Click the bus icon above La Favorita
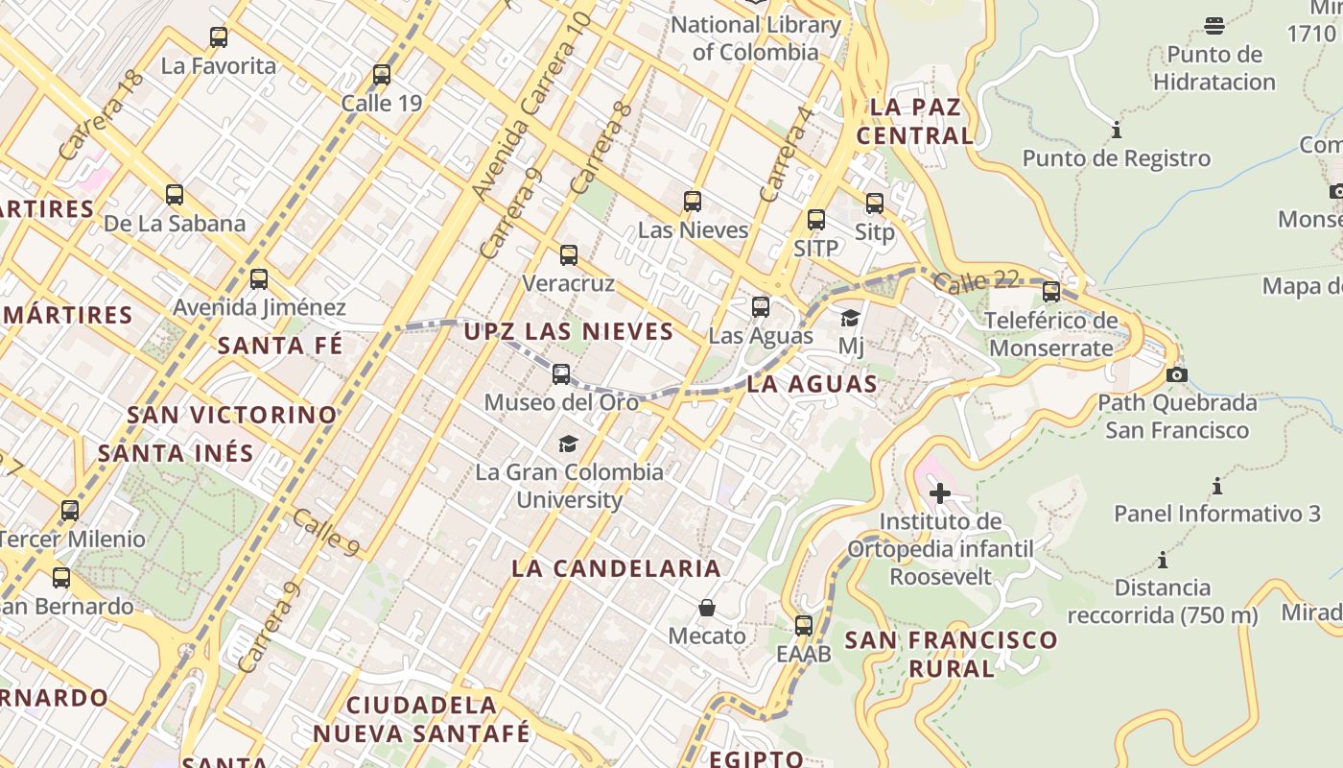[219, 37]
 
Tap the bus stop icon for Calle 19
[382, 74]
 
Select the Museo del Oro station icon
[561, 373]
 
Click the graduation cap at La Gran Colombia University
[569, 444]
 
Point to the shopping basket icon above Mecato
[707, 608]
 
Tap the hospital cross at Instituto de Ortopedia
[940, 494]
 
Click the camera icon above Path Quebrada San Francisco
[1177, 374]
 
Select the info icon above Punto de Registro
[1116, 130]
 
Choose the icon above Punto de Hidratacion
[1214, 26]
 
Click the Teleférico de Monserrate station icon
[1051, 291]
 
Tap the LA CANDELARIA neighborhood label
[616, 567]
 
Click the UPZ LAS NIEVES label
[569, 332]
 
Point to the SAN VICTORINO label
[232, 416]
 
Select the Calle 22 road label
[975, 282]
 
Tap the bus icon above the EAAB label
[804, 626]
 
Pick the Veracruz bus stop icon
[569, 255]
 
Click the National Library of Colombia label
[756, 38]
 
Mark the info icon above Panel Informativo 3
[1217, 486]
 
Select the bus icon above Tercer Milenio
[70, 511]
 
